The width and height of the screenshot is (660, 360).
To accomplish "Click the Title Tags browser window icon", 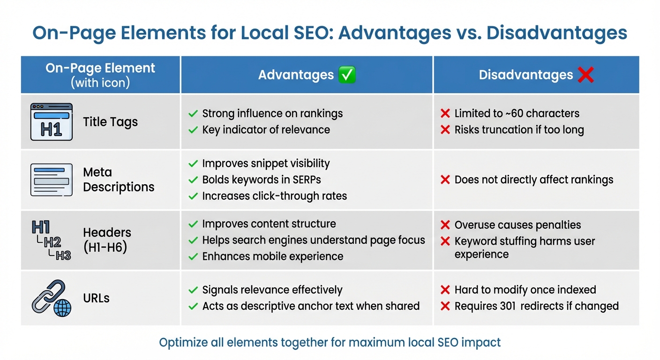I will pyautogui.click(x=51, y=122).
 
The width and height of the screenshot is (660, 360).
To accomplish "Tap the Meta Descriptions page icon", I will pyautogui.click(x=51, y=180).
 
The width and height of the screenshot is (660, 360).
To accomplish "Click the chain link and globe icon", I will pyautogui.click(x=52, y=298).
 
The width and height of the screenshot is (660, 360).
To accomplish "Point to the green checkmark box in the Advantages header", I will pyautogui.click(x=347, y=75).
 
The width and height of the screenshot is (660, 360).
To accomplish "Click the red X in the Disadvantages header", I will pyautogui.click(x=585, y=75).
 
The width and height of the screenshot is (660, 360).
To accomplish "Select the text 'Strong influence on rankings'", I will pyautogui.click(x=272, y=113).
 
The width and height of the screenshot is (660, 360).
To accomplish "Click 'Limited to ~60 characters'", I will pyautogui.click(x=517, y=113).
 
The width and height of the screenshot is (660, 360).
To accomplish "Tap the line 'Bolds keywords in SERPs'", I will pyautogui.click(x=262, y=180).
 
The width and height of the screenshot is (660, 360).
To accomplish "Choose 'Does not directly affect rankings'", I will pyautogui.click(x=533, y=180).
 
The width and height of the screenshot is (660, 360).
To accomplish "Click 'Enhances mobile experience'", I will pyautogui.click(x=272, y=256).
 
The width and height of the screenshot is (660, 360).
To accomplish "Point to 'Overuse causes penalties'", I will pyautogui.click(x=517, y=225).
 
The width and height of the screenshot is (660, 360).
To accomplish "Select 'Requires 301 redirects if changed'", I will pyautogui.click(x=536, y=306).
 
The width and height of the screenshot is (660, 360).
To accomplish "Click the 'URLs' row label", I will pyautogui.click(x=96, y=298).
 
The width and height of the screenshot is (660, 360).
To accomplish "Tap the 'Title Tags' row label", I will pyautogui.click(x=110, y=122).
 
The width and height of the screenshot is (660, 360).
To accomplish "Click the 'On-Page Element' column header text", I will pyautogui.click(x=100, y=68).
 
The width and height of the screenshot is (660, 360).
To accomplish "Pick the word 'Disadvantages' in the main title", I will pyautogui.click(x=557, y=33).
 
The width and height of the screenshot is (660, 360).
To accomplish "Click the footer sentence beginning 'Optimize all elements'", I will pyautogui.click(x=330, y=342).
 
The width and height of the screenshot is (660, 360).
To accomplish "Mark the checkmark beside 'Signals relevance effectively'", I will pyautogui.click(x=193, y=290).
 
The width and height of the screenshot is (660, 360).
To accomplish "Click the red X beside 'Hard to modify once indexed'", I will pyautogui.click(x=445, y=290).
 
